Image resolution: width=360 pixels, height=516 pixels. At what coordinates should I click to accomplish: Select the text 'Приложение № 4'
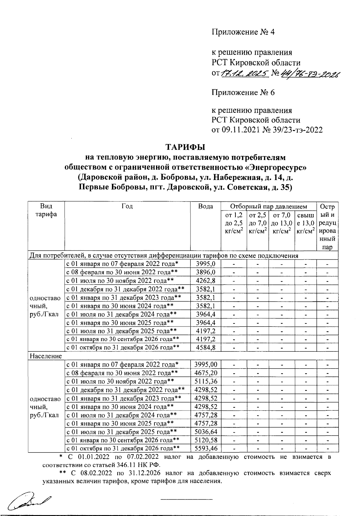(x=243, y=32)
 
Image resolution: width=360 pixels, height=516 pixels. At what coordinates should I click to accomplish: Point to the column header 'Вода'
(x=205, y=206)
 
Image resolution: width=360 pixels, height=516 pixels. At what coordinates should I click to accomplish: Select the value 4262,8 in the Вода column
(x=205, y=281)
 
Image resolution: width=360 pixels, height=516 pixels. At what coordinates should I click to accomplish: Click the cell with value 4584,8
(x=205, y=348)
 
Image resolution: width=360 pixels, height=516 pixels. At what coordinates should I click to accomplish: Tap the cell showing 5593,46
(x=205, y=449)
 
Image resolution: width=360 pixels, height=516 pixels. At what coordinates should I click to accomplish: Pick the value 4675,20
(x=205, y=373)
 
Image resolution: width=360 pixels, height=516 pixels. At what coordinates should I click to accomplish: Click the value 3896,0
(x=205, y=272)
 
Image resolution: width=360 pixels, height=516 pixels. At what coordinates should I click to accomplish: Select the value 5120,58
(x=205, y=440)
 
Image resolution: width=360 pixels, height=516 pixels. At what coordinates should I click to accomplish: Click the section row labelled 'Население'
(x=46, y=356)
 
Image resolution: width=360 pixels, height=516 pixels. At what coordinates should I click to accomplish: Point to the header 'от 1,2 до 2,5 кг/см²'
(x=234, y=223)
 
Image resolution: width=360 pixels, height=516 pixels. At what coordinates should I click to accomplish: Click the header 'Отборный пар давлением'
(x=268, y=206)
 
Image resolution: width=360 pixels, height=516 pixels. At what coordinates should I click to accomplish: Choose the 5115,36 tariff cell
(x=205, y=381)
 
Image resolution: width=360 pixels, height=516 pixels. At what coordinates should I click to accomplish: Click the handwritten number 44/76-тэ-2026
(x=310, y=73)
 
